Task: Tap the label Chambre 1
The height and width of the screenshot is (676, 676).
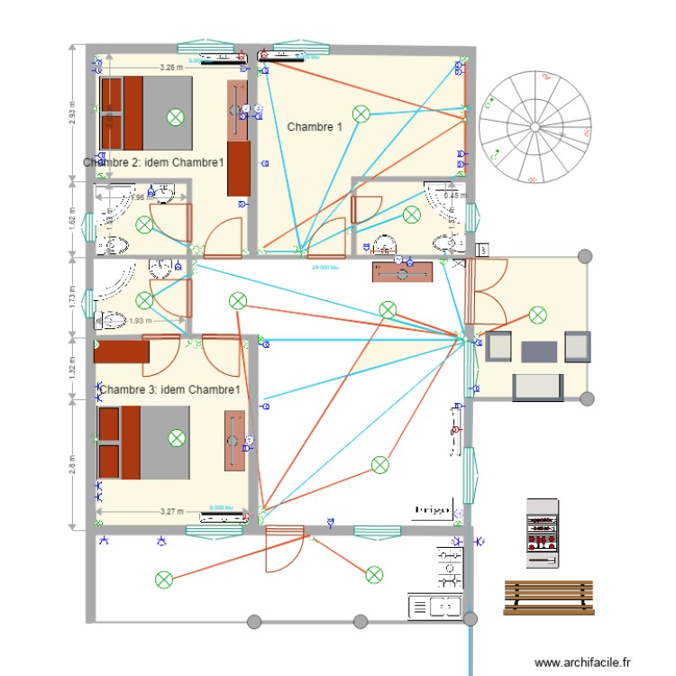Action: coord(315,127)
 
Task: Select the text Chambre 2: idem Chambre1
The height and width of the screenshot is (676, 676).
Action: coord(153,163)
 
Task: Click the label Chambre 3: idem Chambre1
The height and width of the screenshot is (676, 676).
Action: coord(170,389)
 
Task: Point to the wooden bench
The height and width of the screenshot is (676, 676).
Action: coord(550,597)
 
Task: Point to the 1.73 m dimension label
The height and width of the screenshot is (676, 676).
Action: coord(73,297)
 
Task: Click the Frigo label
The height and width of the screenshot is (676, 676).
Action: coord(432,510)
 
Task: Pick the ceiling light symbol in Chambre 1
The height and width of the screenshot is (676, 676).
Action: coord(361,113)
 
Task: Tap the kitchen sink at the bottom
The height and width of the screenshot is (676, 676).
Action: coord(434,607)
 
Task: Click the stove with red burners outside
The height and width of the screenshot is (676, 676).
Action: coord(544,533)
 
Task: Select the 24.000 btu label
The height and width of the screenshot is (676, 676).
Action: coord(325,268)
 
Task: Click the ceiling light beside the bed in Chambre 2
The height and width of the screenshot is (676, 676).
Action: coord(176,115)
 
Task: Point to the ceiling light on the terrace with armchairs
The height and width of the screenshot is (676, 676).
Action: coord(538,315)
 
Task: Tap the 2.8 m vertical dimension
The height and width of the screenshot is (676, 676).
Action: coord(73,464)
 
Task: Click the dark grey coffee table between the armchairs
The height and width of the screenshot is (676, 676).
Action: coord(538,350)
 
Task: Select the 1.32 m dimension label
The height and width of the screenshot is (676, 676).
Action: coord(73,369)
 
